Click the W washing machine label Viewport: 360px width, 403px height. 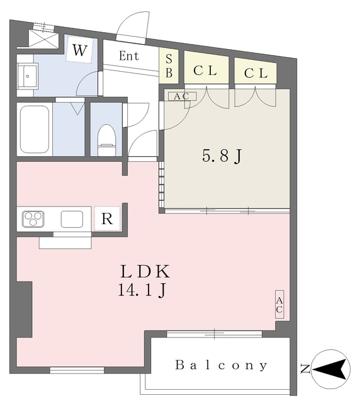point(79,51)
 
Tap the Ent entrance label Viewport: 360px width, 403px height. point(128,55)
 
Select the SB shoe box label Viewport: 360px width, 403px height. point(169,65)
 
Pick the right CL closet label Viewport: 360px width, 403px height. point(256,72)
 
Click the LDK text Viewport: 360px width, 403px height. point(145,272)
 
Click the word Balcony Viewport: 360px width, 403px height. point(222,365)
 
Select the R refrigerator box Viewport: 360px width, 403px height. point(107,219)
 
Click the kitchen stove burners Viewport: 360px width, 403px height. point(33,219)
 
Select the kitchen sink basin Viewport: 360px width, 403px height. point(72,219)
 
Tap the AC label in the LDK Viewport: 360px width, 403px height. point(279,305)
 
